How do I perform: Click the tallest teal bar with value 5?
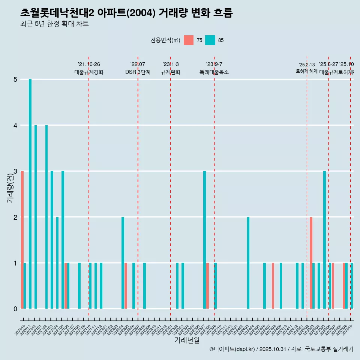coord(30,194)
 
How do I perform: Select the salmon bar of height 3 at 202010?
coord(22,240)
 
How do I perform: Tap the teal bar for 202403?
coord(248,263)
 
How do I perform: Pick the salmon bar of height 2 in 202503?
coord(311,263)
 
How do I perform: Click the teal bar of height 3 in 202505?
coord(325,240)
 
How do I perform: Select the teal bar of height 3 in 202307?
coord(205,240)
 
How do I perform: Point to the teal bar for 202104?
coord(57,263)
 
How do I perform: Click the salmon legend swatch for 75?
coord(189,40)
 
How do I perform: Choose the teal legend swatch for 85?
coord(210,40)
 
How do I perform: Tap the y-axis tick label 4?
coord(15,125)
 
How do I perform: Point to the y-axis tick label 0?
coord(15,309)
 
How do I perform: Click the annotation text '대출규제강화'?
coord(89,72)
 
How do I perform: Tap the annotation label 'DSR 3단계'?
coord(138,72)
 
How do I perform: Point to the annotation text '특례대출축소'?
coord(214,72)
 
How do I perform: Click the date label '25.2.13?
coord(307,65)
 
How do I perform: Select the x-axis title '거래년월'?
coord(187,340)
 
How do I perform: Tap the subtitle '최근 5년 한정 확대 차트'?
coord(54,24)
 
